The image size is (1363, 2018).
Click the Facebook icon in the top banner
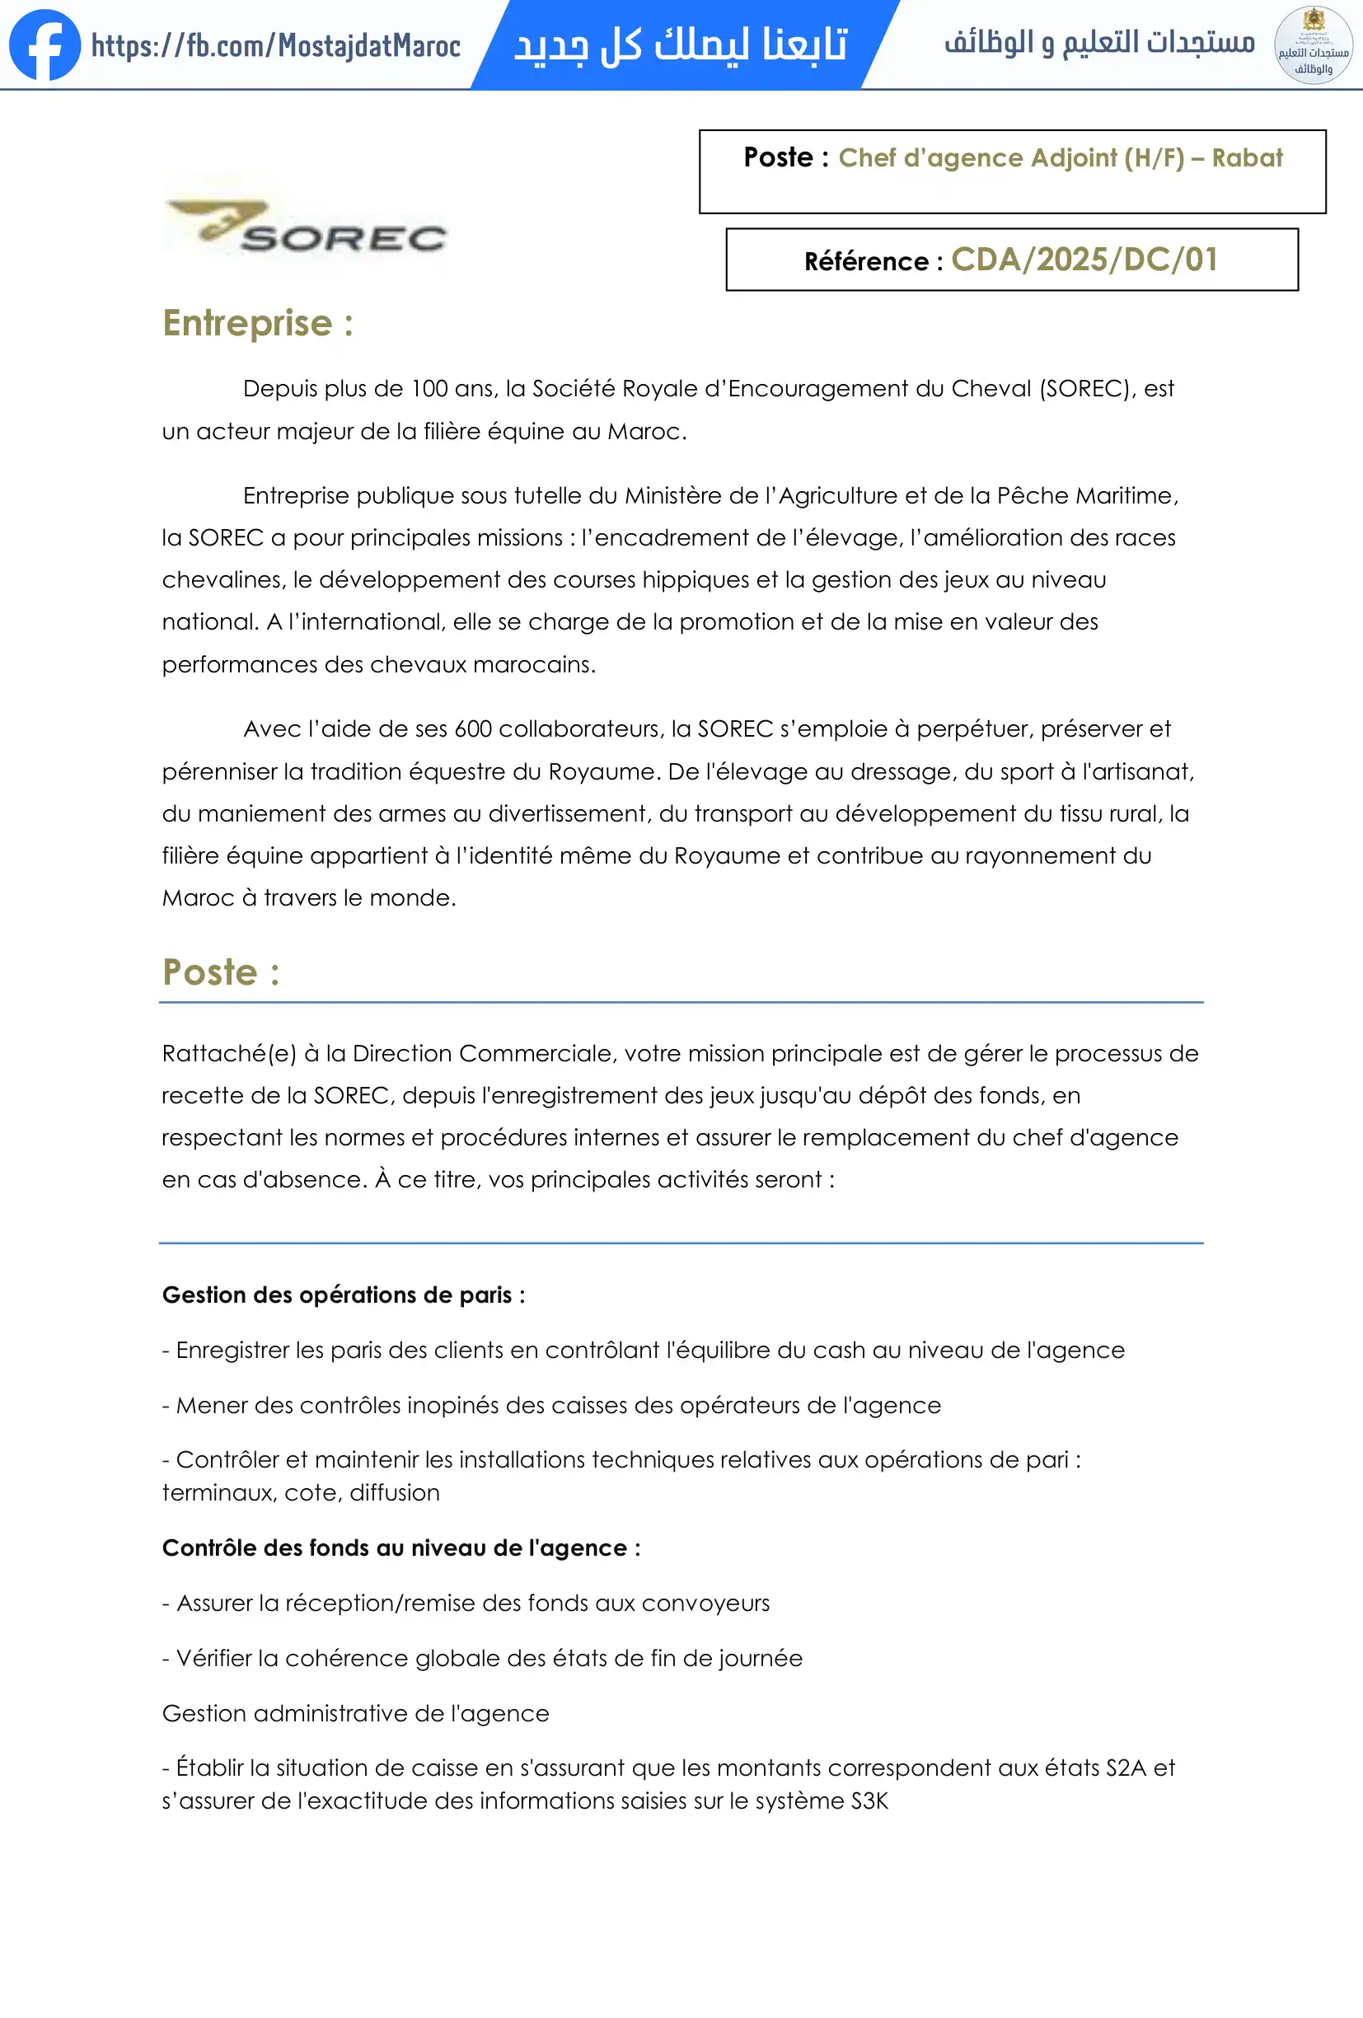44,44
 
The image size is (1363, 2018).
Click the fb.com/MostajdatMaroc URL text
275,45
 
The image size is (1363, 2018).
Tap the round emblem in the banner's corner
1313,45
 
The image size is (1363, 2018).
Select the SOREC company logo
307,227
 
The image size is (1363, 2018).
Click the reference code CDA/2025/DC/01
1084,260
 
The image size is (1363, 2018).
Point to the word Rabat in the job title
1247,158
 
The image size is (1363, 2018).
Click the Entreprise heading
257,323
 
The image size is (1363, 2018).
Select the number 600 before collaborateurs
473,728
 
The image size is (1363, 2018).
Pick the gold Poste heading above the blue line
221,972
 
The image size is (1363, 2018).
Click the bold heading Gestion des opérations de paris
343,1295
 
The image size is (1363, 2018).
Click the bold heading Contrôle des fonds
401,1548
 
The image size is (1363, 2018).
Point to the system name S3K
869,1801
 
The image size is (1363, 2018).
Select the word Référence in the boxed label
865,261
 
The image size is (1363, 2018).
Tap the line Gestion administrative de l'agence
355,1713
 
